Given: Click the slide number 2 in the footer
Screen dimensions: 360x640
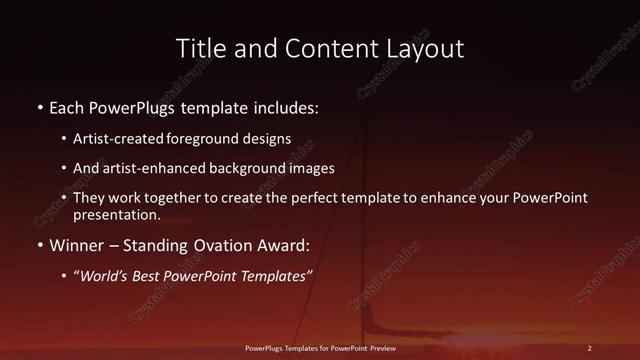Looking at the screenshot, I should [x=590, y=347].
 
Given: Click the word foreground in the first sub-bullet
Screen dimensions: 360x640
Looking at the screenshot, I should [x=203, y=139].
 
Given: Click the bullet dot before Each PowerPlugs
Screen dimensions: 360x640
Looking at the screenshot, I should [x=39, y=105].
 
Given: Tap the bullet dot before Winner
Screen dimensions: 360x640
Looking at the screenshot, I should [x=39, y=244].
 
